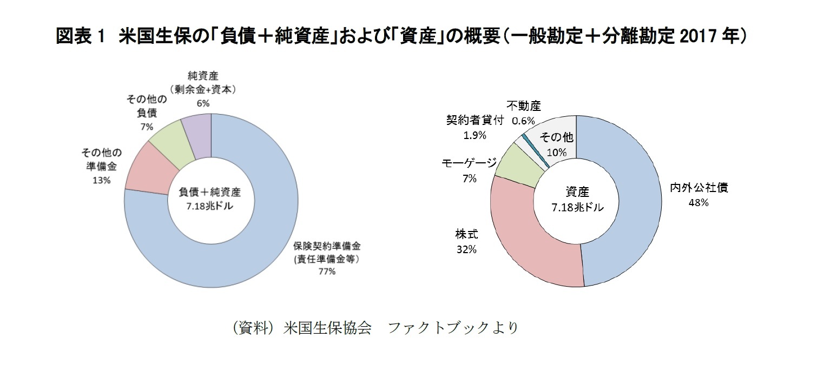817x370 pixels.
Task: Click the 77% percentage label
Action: point(327,272)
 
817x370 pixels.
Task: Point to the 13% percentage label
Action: point(102,180)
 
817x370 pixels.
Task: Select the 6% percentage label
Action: point(203,103)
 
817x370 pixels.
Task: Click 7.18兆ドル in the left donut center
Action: point(210,206)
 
